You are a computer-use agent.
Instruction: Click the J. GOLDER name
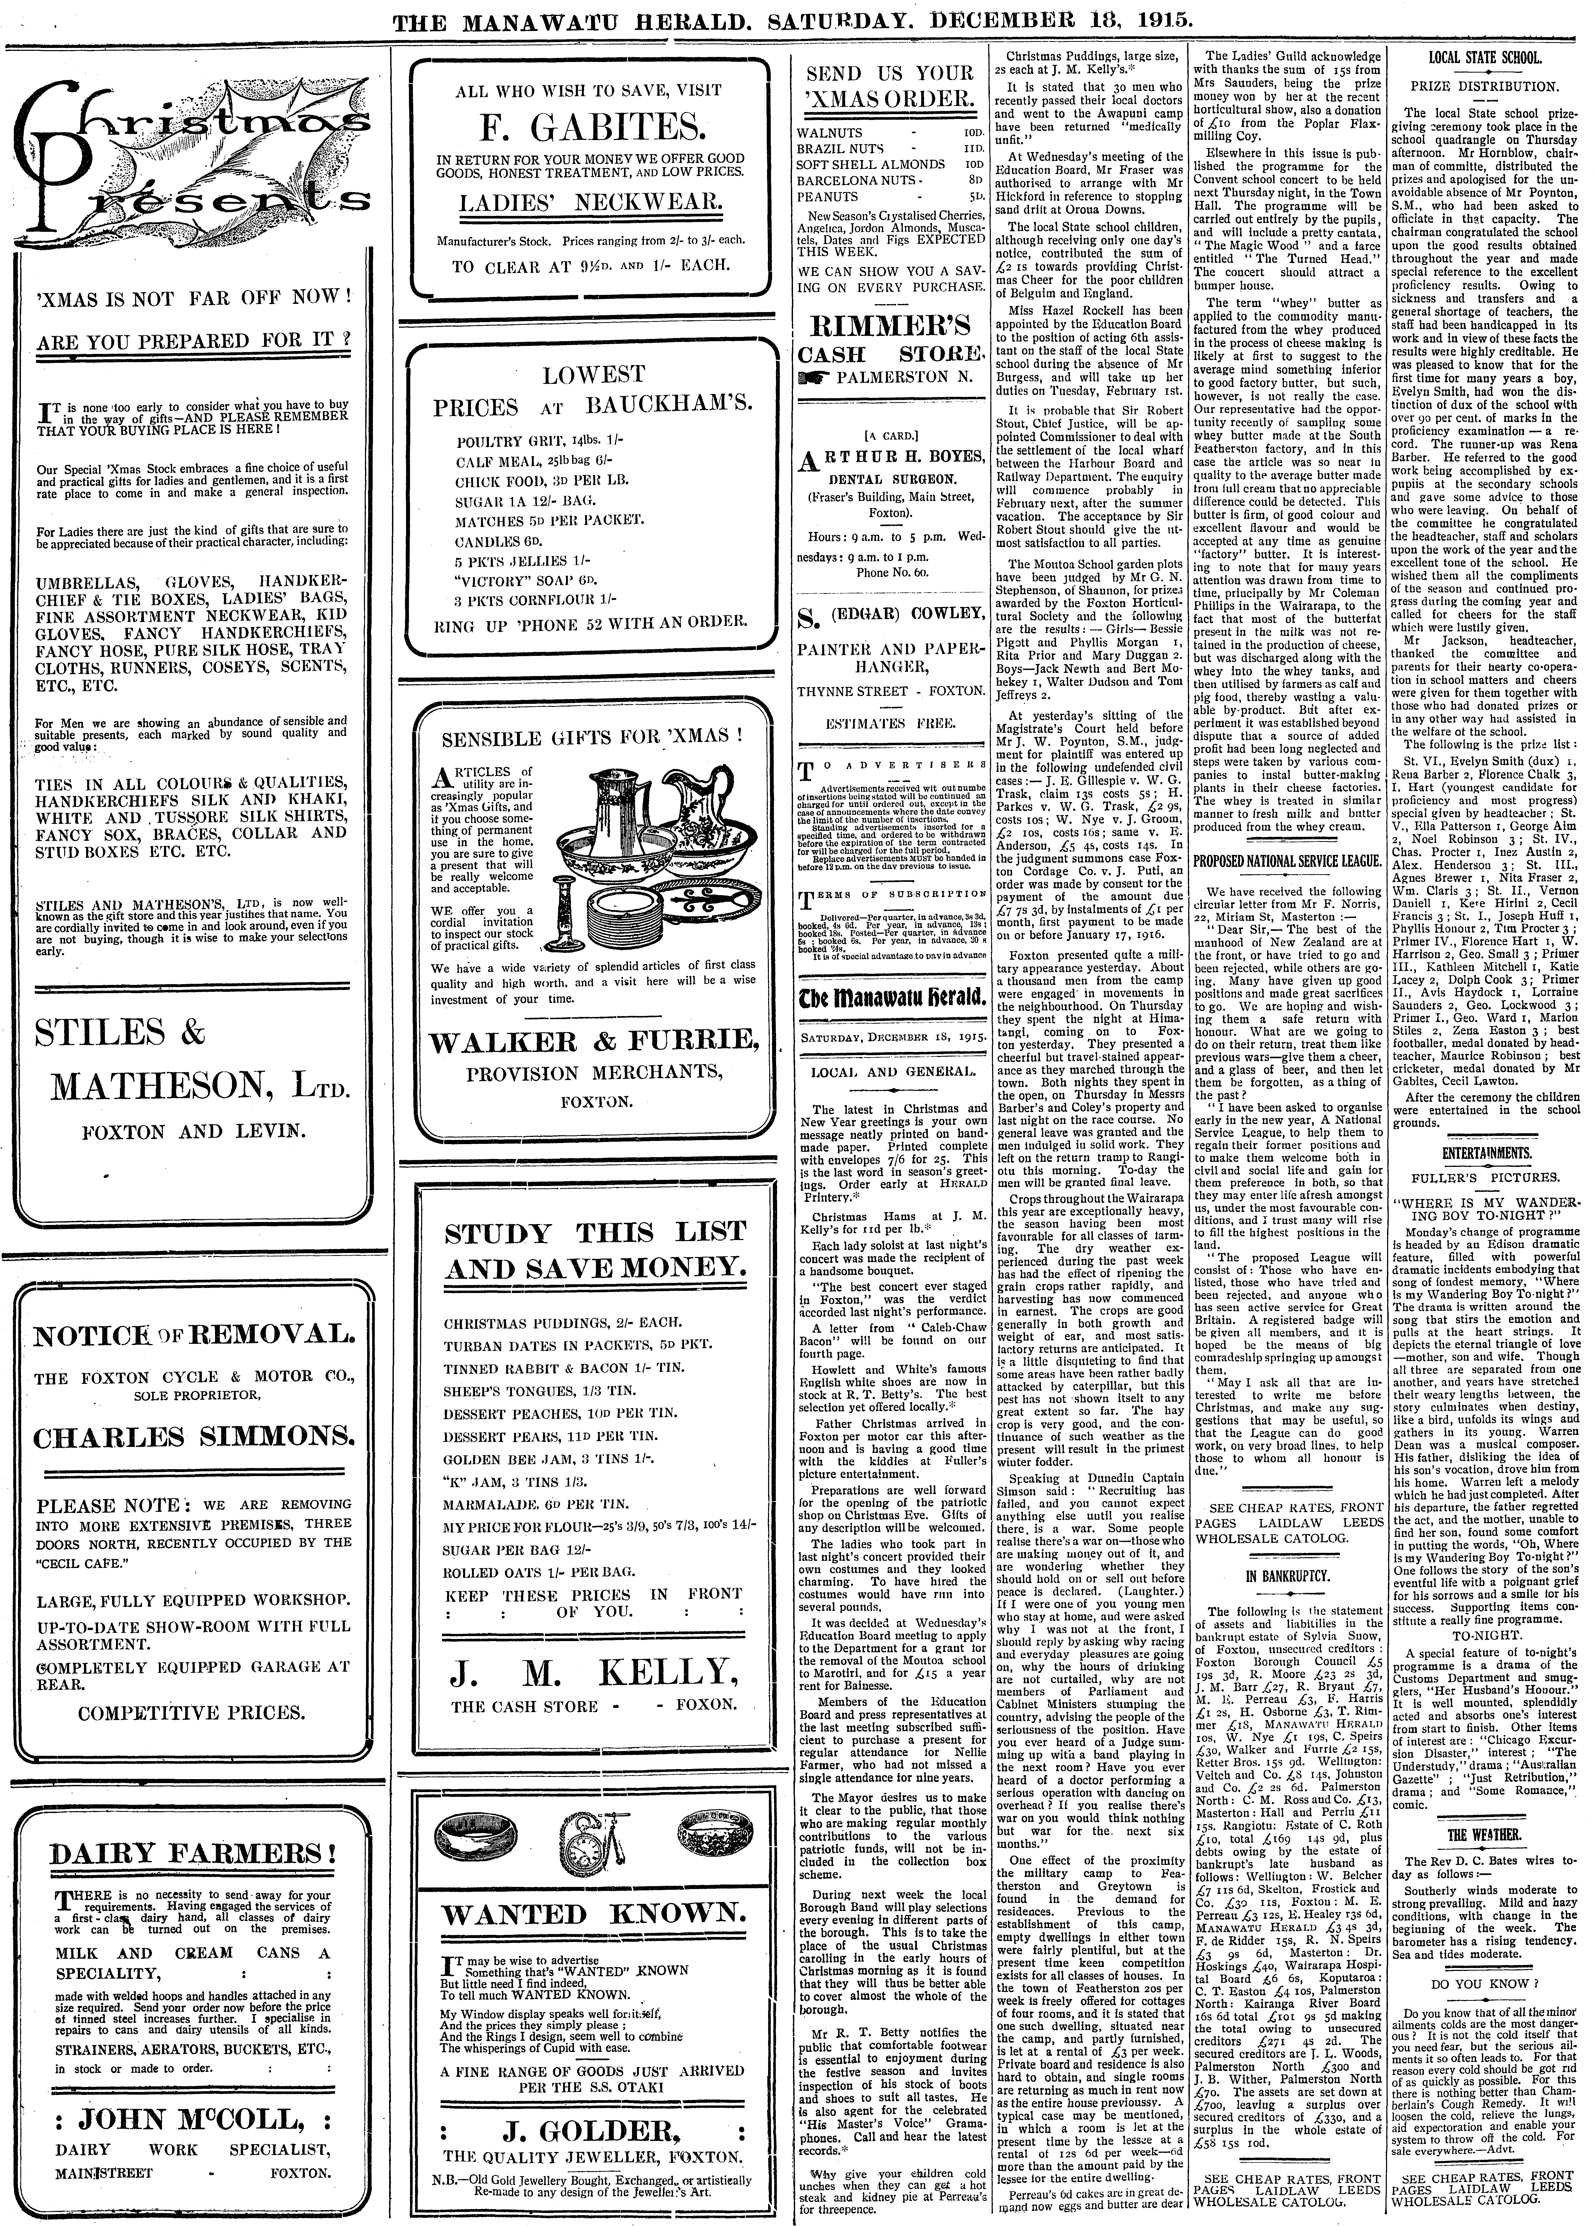coord(592,2103)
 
